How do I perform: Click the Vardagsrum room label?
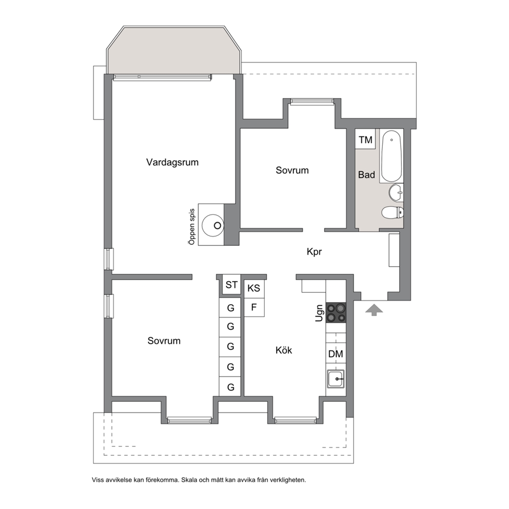click(x=172, y=162)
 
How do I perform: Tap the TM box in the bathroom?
click(x=365, y=139)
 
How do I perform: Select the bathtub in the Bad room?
click(x=391, y=156)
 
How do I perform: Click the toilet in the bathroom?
click(x=393, y=212)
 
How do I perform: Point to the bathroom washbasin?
click(x=396, y=192)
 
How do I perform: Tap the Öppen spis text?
click(x=192, y=227)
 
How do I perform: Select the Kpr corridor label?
click(x=314, y=251)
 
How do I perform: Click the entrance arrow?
click(x=374, y=310)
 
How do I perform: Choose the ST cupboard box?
click(x=231, y=285)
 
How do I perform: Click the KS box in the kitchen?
click(x=254, y=288)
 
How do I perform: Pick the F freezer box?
click(x=254, y=307)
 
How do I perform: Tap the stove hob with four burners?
click(x=336, y=312)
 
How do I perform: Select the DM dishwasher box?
click(x=336, y=354)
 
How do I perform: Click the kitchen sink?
click(x=336, y=379)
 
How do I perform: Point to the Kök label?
click(x=284, y=350)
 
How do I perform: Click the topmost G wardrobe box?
click(x=230, y=307)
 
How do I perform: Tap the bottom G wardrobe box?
click(x=230, y=386)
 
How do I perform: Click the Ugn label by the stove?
click(x=320, y=313)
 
